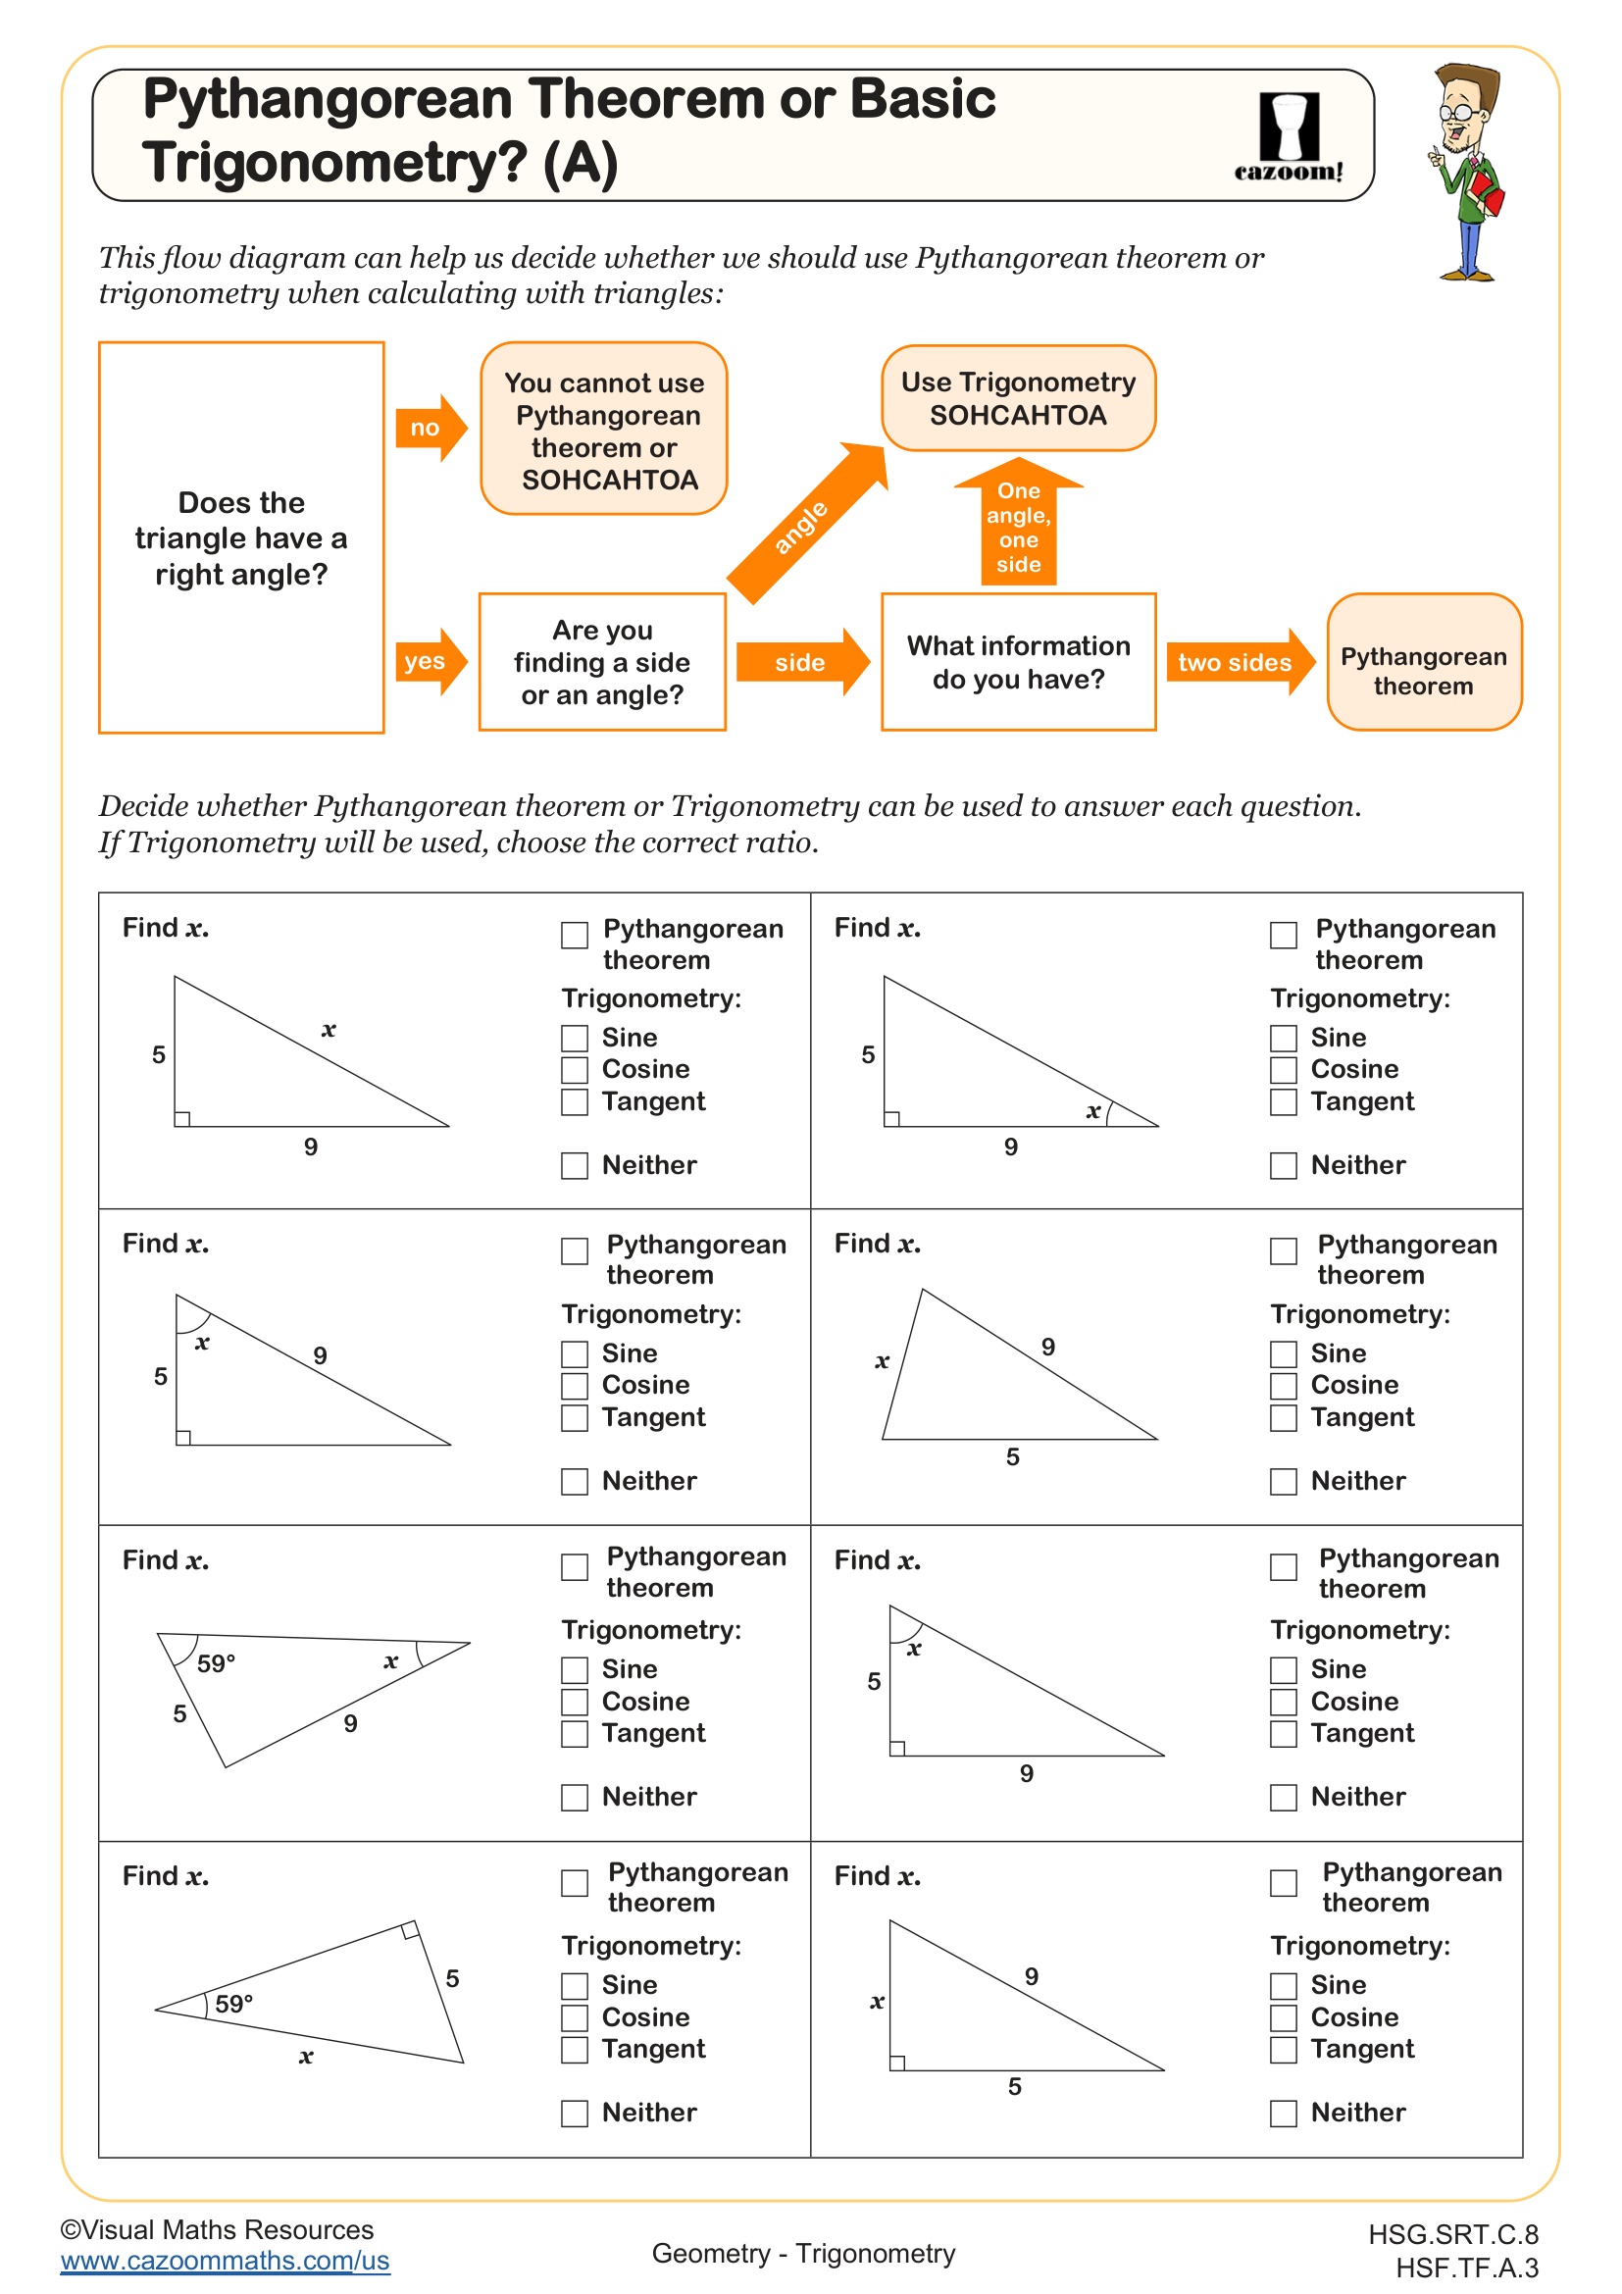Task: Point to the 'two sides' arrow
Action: (x=1239, y=661)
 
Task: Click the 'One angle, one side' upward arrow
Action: (x=1018, y=525)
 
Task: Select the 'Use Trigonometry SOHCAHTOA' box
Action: (x=1018, y=397)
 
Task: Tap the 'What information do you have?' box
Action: (x=1018, y=661)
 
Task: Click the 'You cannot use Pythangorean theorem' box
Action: (x=603, y=430)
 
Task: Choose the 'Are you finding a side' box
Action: (x=602, y=661)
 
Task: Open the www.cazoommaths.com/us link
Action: (x=225, y=2260)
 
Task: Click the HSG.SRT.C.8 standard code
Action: (x=1452, y=2234)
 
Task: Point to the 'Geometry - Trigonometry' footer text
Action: (x=803, y=2253)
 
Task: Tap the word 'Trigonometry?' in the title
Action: (x=334, y=162)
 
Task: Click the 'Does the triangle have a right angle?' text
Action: (x=240, y=538)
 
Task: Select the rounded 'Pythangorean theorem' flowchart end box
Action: (x=1423, y=661)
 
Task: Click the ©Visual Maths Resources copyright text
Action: (x=217, y=2229)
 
